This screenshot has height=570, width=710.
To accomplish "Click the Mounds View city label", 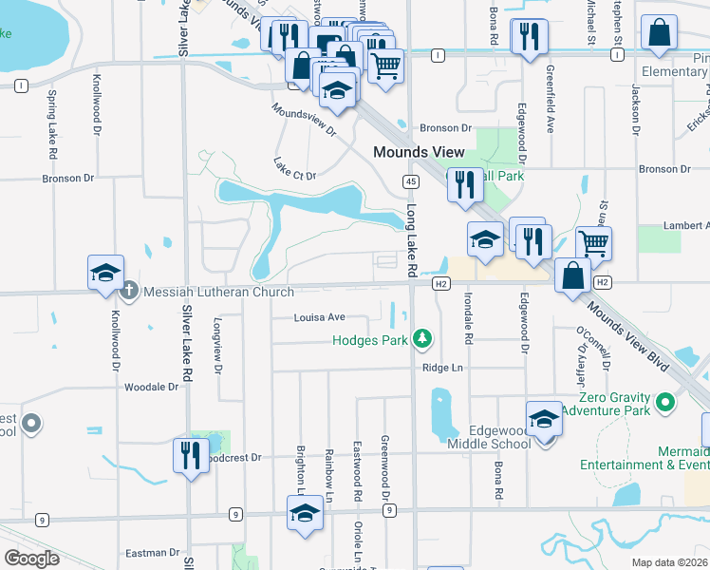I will click(x=419, y=152).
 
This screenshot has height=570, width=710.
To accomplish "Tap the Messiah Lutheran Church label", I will click(x=205, y=292).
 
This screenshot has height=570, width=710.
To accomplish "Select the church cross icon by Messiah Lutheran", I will click(x=131, y=292).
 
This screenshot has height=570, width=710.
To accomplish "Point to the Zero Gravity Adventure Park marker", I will click(x=665, y=403).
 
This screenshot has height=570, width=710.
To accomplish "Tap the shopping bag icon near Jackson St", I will click(x=658, y=33).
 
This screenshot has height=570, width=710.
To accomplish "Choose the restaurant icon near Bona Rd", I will click(x=528, y=37).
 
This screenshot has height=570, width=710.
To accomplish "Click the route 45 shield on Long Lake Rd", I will click(x=410, y=180).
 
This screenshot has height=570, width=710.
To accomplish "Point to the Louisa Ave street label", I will click(x=318, y=317).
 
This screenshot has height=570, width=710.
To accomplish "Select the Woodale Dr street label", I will click(x=152, y=387).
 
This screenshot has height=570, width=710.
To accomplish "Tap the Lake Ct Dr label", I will click(x=295, y=168).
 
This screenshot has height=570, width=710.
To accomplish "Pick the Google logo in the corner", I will click(x=31, y=559).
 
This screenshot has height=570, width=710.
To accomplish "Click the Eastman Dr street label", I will click(x=145, y=553).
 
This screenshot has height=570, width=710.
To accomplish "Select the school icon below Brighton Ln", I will click(x=305, y=514).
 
